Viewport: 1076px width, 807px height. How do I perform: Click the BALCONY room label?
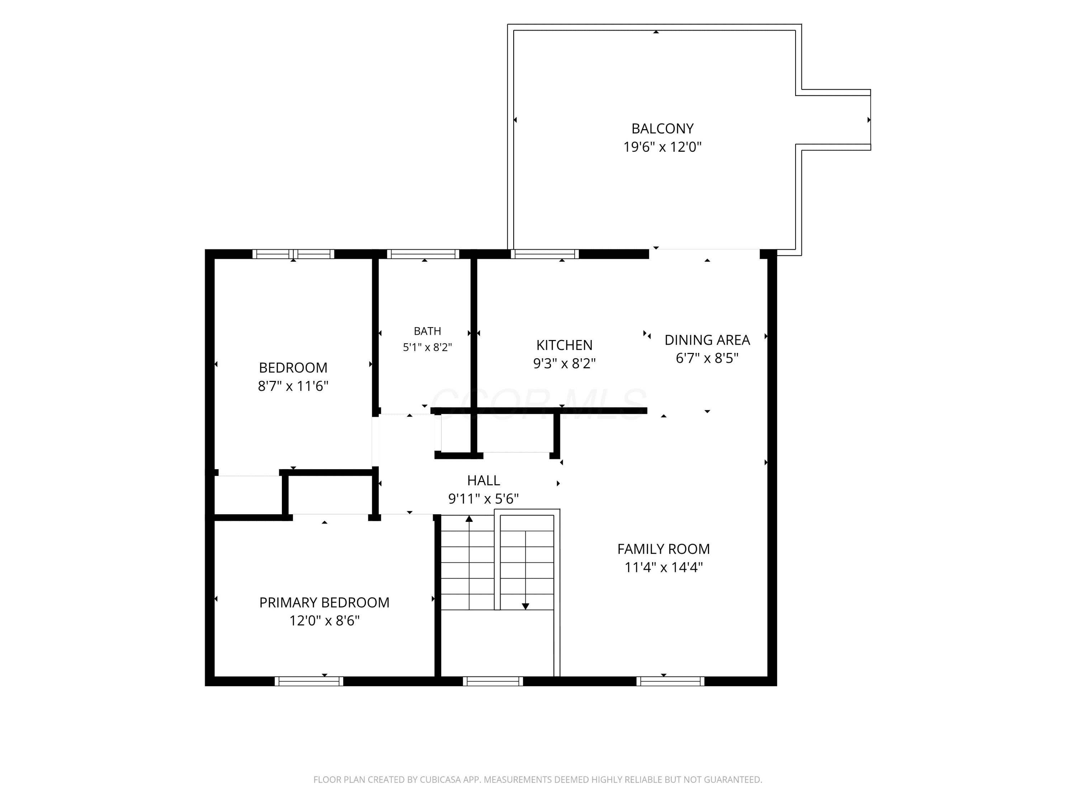(662, 128)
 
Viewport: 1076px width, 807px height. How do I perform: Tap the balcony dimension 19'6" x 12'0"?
(662, 147)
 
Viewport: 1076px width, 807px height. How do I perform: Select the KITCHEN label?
(564, 345)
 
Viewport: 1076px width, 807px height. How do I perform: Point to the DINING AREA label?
(707, 340)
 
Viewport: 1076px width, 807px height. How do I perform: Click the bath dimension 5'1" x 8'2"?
(427, 347)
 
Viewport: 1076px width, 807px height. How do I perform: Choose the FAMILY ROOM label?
(664, 549)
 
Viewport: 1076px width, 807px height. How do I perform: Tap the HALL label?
(483, 480)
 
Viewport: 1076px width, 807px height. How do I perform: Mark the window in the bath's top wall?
(423, 254)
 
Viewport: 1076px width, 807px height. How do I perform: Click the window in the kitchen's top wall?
(544, 254)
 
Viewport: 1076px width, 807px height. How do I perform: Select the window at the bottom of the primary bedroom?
(309, 681)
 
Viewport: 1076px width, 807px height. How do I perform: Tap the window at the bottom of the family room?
(670, 681)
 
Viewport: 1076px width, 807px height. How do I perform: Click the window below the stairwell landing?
(493, 681)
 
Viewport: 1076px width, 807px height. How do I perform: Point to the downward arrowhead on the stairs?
(525, 606)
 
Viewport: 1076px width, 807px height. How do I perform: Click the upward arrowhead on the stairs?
(469, 519)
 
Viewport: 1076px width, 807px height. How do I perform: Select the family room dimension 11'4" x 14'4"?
(664, 567)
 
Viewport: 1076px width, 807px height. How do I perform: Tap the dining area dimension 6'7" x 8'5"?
(707, 358)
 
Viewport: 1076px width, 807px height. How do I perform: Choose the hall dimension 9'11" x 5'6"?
(483, 499)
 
